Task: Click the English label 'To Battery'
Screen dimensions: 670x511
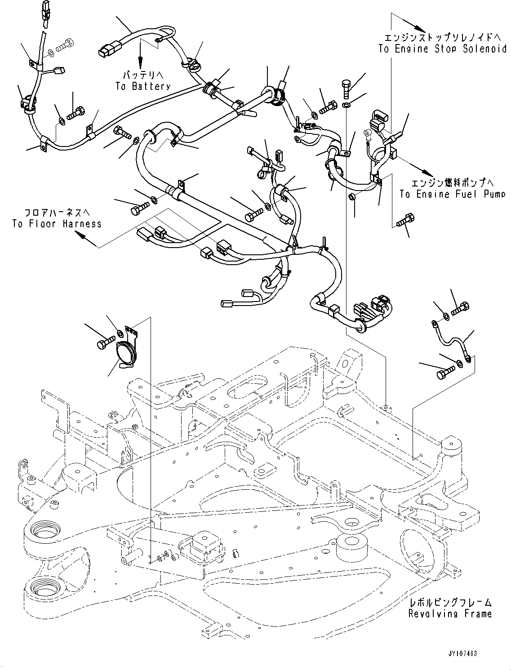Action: [143, 86]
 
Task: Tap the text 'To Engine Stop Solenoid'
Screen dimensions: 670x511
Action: [442, 49]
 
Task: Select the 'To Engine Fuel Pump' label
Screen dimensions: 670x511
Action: [452, 194]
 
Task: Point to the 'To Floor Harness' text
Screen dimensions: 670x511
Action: [57, 223]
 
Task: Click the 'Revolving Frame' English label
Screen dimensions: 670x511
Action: [450, 613]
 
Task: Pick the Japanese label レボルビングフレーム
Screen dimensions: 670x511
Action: [450, 602]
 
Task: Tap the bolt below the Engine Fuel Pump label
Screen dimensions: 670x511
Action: [406, 220]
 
